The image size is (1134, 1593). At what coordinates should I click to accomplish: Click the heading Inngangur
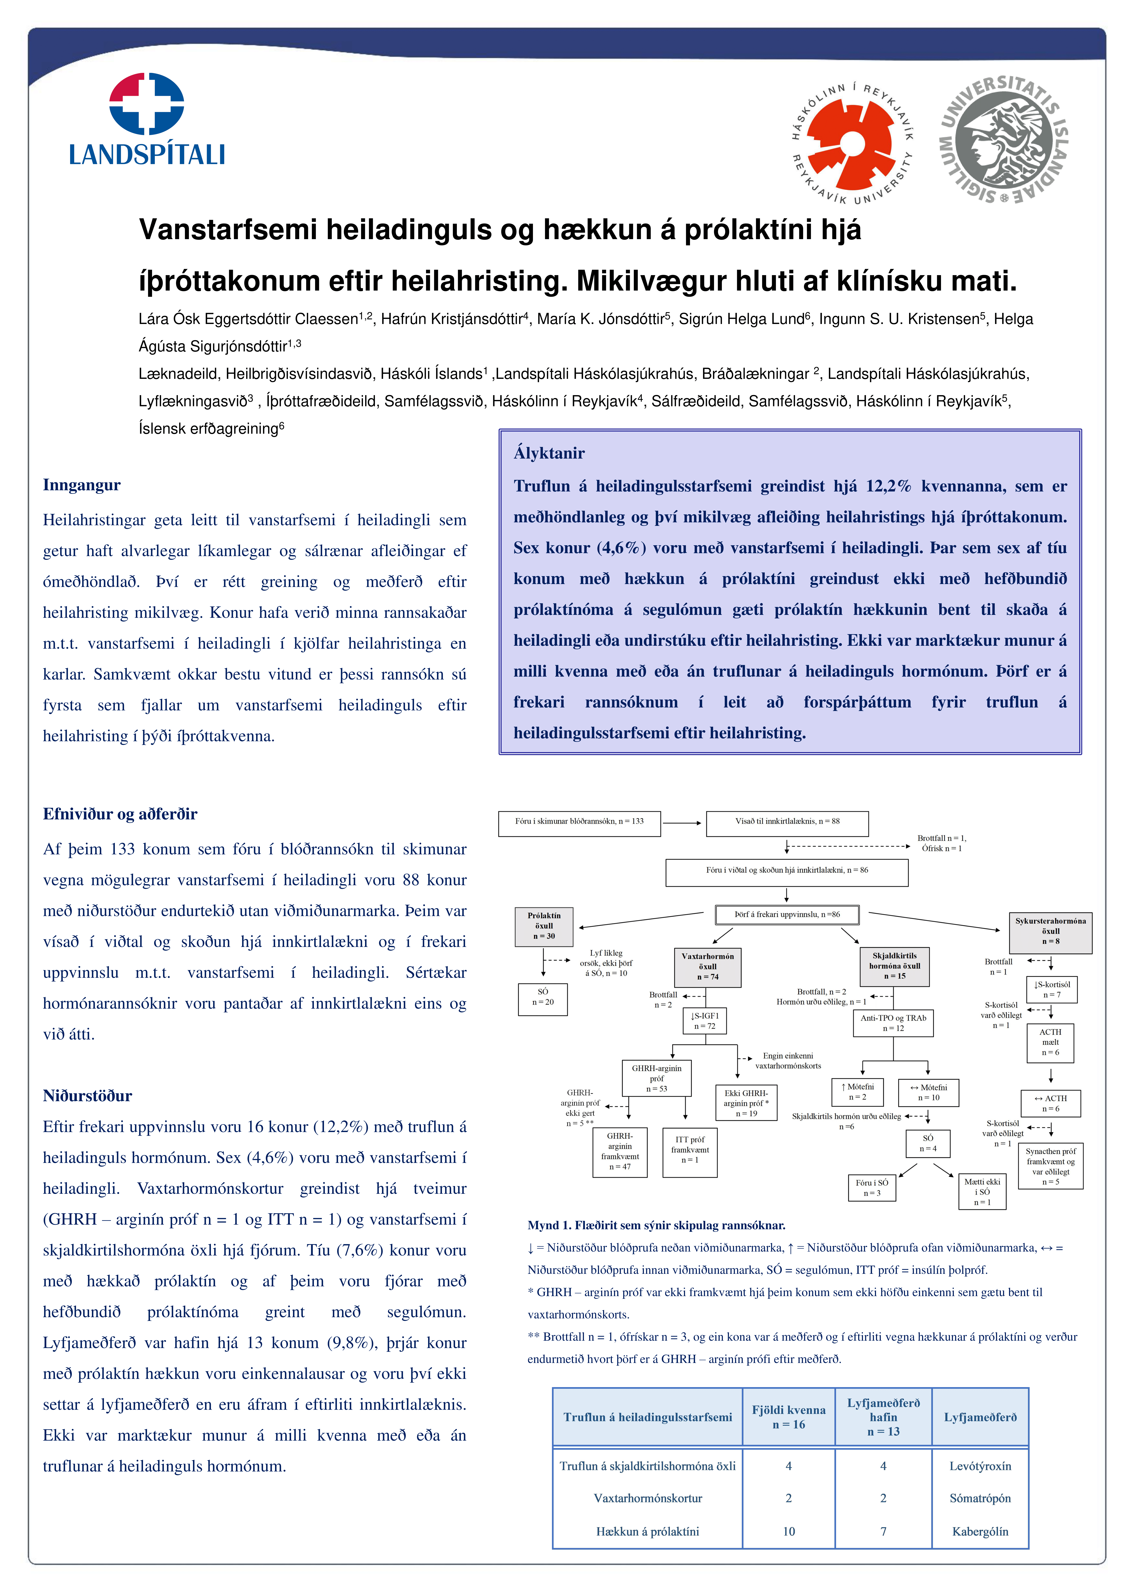82,485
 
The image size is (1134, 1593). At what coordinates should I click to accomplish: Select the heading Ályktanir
549,453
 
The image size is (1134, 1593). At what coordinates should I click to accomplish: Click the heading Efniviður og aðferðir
120,814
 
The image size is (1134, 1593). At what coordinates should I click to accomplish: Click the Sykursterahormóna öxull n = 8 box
1050,932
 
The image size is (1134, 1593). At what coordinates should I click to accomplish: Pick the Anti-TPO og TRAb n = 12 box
893,1023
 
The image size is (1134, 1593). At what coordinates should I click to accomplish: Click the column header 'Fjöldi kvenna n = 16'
788,1417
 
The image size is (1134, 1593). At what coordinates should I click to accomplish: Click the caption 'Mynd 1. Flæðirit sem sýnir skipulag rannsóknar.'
656,1225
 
